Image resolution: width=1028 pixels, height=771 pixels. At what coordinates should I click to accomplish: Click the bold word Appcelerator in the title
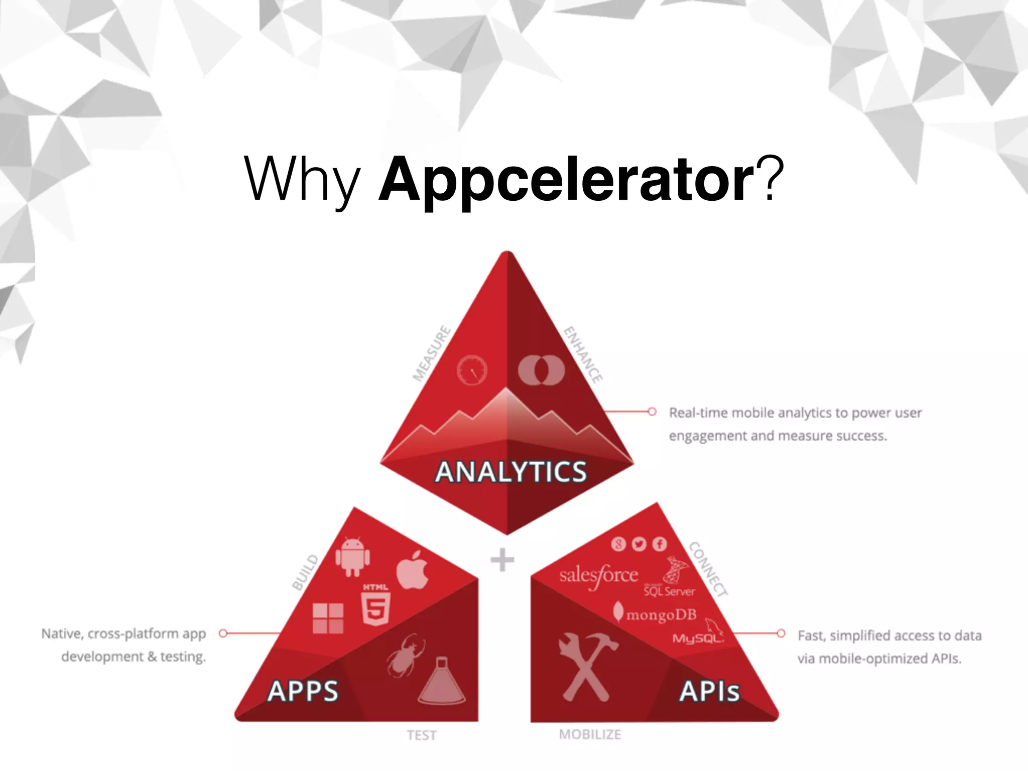(x=566, y=180)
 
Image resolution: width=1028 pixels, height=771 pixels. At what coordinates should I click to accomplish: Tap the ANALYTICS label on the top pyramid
(x=510, y=472)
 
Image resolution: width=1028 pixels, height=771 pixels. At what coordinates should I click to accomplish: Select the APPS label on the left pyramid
(x=303, y=691)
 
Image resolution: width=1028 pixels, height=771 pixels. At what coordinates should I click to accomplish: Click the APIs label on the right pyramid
(x=709, y=691)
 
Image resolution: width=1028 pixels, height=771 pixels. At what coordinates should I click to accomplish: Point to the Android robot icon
(x=352, y=557)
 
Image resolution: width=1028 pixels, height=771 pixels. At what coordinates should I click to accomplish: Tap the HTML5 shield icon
(x=375, y=605)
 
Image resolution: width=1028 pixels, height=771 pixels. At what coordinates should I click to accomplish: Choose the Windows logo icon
(x=328, y=618)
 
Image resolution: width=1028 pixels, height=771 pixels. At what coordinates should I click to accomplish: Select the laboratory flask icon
(x=441, y=681)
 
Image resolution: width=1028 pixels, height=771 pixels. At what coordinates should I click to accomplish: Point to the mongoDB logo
(x=655, y=613)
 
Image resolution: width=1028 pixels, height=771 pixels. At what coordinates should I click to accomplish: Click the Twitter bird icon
(x=639, y=544)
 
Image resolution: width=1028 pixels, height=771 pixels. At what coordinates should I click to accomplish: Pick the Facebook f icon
(x=660, y=544)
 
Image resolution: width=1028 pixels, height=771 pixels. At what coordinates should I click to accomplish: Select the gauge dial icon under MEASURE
(x=472, y=370)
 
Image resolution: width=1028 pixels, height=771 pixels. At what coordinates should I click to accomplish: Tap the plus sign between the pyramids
(x=502, y=560)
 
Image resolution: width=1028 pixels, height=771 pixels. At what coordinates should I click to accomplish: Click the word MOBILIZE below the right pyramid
(x=590, y=734)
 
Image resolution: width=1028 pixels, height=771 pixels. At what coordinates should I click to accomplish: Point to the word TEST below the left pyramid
(x=422, y=735)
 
